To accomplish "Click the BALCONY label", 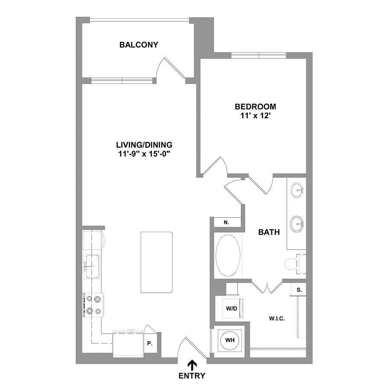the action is [x=139, y=45].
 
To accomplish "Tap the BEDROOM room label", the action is [x=255, y=107].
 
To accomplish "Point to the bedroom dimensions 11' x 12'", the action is [x=255, y=116].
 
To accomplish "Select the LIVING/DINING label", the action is [x=144, y=145].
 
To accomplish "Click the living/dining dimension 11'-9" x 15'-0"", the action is [x=144, y=154].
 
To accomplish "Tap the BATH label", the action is [x=269, y=232].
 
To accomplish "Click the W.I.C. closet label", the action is [x=277, y=319].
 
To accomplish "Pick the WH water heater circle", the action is [x=230, y=340].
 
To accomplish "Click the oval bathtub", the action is [x=228, y=255].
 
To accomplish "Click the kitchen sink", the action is [x=92, y=266].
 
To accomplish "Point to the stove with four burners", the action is [x=93, y=305].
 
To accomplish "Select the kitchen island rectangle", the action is [x=157, y=262].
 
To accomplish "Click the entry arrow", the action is [x=192, y=365].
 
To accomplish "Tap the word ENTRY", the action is [x=192, y=375].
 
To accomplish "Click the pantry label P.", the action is [x=150, y=343].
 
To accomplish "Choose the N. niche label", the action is [x=226, y=222].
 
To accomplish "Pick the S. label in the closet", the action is [x=299, y=290].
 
